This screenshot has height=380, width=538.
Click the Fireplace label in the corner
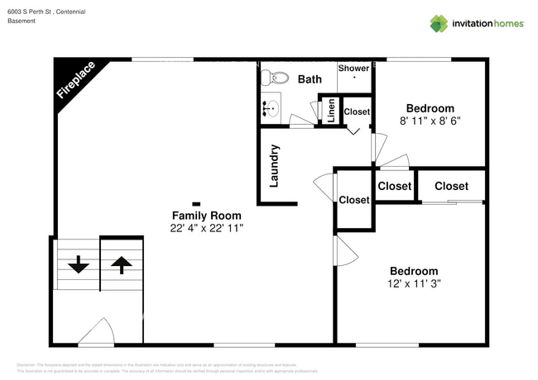(x=75, y=80)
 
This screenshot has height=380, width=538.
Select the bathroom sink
(x=270, y=107)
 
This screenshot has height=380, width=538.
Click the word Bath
(x=310, y=79)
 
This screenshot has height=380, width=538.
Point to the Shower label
(x=353, y=69)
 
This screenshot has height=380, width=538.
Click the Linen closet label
(x=331, y=111)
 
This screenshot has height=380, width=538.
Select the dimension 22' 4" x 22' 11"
(x=206, y=227)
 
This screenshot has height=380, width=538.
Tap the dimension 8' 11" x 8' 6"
(x=430, y=121)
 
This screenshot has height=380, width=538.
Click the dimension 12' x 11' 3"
(x=415, y=283)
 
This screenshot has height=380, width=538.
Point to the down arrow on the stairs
(x=78, y=264)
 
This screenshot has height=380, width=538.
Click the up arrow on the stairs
(x=122, y=264)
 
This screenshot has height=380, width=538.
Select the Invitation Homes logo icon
(x=439, y=23)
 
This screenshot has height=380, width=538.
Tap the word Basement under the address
(x=22, y=21)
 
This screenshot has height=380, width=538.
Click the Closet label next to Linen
(x=357, y=112)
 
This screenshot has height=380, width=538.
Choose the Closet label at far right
(x=451, y=186)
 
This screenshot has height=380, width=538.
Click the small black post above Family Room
(x=196, y=203)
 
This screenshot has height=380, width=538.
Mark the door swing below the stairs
(x=98, y=333)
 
